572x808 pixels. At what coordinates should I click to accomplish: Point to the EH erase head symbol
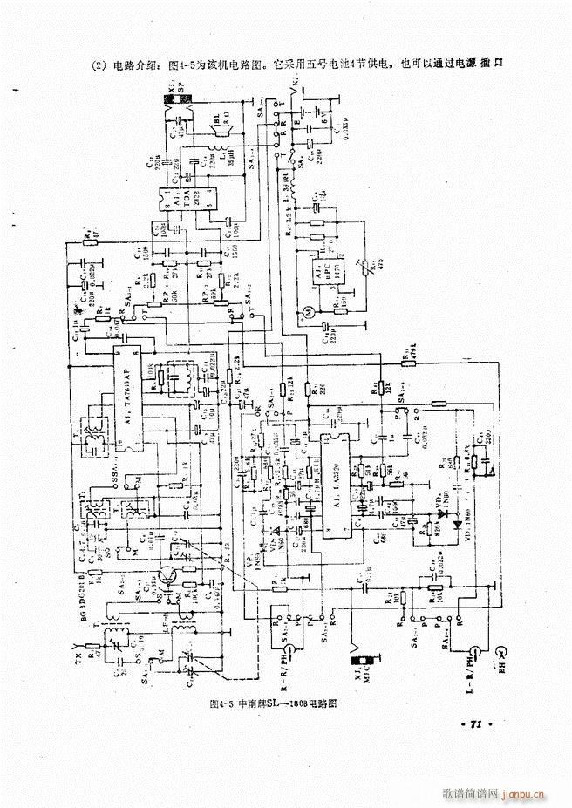502,652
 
